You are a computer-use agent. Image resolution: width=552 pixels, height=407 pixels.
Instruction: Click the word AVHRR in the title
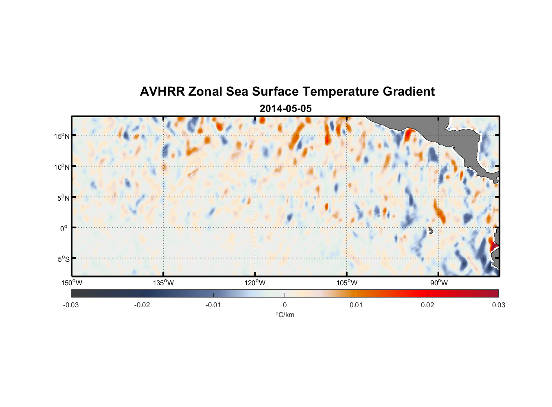click(162, 92)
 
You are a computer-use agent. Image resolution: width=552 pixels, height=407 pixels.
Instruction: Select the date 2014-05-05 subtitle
click(285, 109)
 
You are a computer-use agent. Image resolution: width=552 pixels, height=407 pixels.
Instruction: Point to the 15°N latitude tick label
click(61, 136)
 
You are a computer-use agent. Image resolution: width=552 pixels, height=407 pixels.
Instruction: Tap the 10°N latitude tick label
click(61, 167)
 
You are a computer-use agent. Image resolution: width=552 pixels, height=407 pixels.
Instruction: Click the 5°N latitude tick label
click(63, 198)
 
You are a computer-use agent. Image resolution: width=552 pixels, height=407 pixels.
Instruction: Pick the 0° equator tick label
click(64, 228)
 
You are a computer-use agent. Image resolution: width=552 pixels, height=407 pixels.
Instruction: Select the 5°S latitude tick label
click(63, 259)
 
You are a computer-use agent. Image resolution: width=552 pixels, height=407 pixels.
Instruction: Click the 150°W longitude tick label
click(72, 283)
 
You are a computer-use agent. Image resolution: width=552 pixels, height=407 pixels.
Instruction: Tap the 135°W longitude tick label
click(163, 283)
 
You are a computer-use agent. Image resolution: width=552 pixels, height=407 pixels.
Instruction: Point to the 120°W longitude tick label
click(255, 283)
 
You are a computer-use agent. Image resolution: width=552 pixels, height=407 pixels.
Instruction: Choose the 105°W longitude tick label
click(346, 283)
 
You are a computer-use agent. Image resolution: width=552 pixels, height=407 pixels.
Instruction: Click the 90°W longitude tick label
click(438, 283)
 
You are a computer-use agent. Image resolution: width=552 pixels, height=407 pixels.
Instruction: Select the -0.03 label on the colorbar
click(71, 305)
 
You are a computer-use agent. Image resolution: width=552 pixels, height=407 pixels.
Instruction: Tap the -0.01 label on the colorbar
click(213, 305)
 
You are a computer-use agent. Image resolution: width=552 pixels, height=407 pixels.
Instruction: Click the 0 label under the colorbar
click(285, 305)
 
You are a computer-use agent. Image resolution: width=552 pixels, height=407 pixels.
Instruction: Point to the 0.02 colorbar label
click(427, 305)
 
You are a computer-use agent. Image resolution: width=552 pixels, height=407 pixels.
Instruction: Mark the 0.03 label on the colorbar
click(498, 305)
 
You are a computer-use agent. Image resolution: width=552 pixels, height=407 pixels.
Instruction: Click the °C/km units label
click(285, 315)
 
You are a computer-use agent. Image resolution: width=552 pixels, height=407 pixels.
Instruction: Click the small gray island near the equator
click(431, 230)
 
